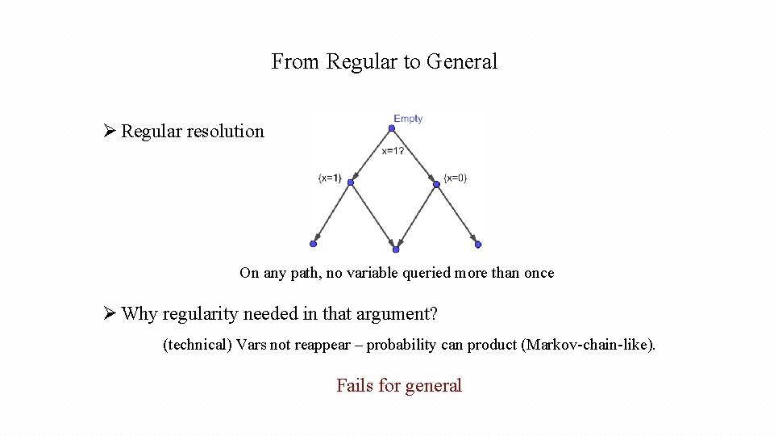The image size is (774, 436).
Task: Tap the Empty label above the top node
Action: click(x=408, y=119)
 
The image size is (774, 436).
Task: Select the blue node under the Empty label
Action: click(x=392, y=128)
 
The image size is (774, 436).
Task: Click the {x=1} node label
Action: click(x=329, y=178)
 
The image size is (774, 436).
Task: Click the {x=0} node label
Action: click(x=455, y=178)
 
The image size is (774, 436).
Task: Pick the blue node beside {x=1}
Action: click(x=351, y=183)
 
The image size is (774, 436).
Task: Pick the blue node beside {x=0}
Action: click(x=436, y=183)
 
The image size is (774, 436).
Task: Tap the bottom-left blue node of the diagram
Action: click(x=313, y=244)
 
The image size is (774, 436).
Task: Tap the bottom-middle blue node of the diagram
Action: click(x=396, y=249)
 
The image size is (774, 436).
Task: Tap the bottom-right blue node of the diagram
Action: click(x=478, y=244)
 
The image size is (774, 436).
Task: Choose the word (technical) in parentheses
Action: click(x=198, y=346)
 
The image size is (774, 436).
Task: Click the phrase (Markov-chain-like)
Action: click(x=589, y=346)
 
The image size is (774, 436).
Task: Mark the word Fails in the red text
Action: click(x=355, y=386)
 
